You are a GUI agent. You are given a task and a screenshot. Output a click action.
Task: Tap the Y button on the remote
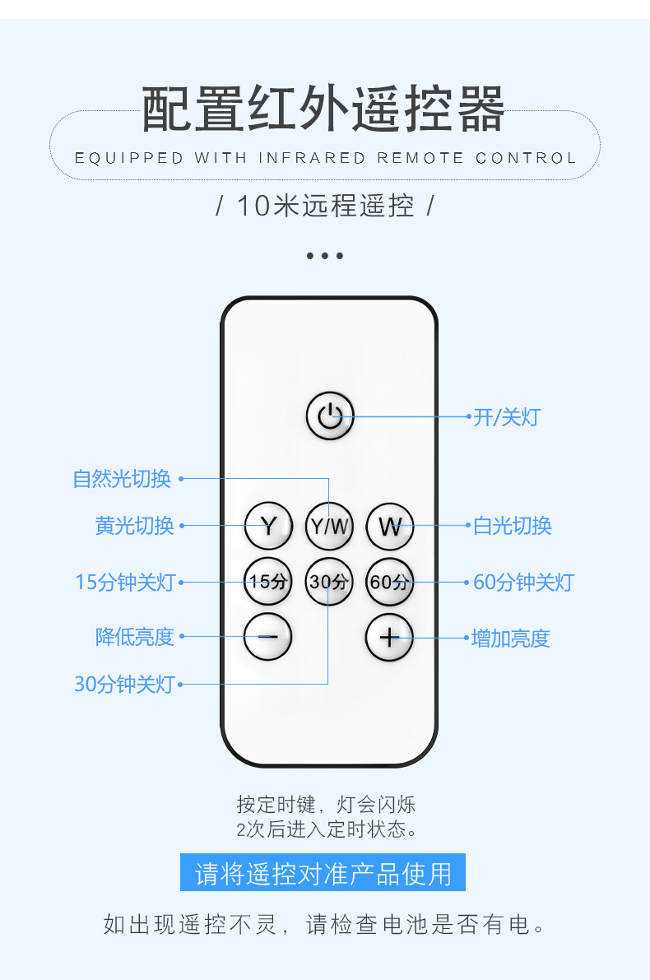268,526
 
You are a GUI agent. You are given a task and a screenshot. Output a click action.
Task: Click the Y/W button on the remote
329,526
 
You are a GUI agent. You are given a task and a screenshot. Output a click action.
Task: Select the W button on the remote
390,526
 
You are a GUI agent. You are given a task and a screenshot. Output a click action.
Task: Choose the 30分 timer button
329,582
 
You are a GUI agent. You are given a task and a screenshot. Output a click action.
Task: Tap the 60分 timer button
390,582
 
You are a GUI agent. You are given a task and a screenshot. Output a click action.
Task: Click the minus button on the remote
268,636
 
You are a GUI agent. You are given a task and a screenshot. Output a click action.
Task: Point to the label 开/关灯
507,417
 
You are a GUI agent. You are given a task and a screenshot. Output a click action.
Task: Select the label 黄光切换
135,526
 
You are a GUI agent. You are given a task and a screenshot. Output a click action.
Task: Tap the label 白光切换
513,526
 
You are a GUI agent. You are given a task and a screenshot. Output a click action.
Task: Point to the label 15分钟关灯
125,583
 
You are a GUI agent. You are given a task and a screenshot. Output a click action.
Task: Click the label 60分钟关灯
523,583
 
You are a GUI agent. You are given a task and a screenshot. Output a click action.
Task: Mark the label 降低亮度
135,637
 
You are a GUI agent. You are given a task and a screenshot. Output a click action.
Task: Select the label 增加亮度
510,639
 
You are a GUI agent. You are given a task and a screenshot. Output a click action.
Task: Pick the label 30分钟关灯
124,685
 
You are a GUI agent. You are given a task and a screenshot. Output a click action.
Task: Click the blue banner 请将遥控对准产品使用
323,873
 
